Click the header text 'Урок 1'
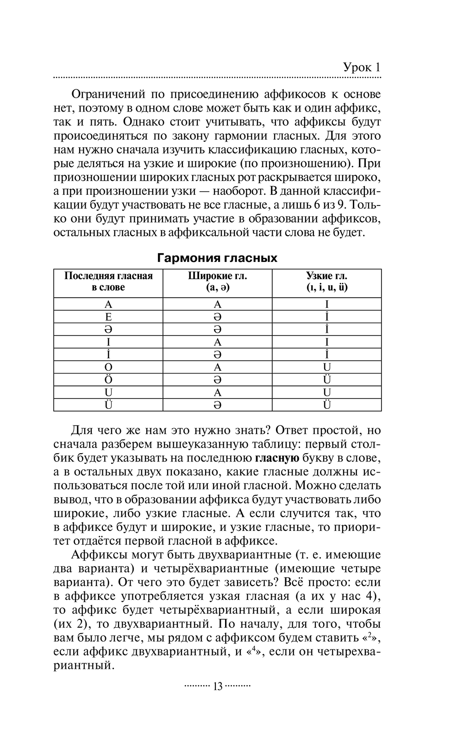click(x=362, y=67)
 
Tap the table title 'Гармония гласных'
click(x=217, y=258)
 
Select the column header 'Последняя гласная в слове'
click(x=108, y=281)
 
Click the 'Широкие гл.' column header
click(x=218, y=281)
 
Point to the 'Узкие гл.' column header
click(x=326, y=281)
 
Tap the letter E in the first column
click(x=108, y=317)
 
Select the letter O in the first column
click(x=108, y=368)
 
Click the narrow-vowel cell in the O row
click(x=327, y=368)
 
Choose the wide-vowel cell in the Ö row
click(x=218, y=380)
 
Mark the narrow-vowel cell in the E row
click(x=327, y=317)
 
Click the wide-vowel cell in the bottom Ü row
click(x=218, y=405)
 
